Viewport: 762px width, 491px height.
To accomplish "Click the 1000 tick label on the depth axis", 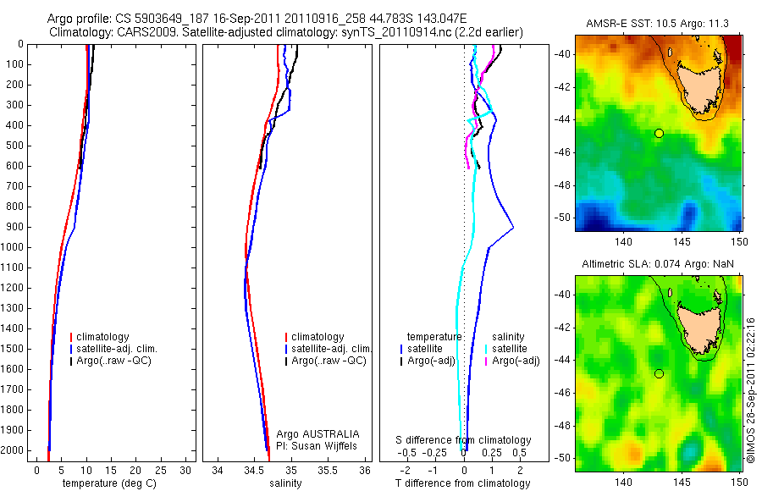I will (13, 247).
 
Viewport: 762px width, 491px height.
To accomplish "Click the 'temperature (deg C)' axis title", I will (106, 483).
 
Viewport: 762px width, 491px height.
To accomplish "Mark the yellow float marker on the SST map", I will (659, 133).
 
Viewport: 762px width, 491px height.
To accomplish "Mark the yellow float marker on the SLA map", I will (659, 373).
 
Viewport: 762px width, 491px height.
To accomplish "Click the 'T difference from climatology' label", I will (462, 483).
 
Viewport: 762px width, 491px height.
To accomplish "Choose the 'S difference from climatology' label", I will (464, 440).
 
